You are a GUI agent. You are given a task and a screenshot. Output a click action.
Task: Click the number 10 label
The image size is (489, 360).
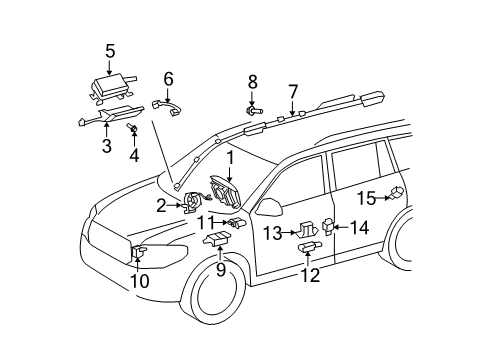pyautogui.click(x=138, y=281)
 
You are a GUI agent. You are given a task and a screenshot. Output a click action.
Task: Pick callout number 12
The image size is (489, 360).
pyautogui.click(x=310, y=275)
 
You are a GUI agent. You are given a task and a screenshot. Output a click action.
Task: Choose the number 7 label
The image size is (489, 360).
pyautogui.click(x=292, y=91)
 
